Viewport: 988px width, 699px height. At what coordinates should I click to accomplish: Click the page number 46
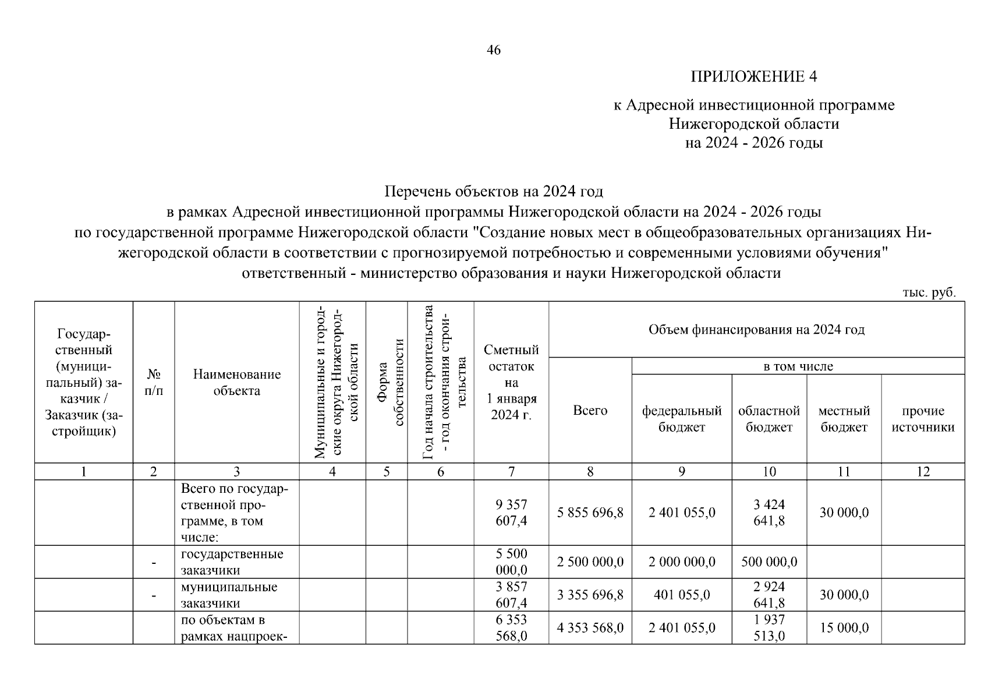click(x=493, y=51)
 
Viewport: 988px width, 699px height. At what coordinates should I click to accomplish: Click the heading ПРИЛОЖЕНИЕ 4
click(x=753, y=77)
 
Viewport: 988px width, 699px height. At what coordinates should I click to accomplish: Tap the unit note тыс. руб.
click(x=929, y=293)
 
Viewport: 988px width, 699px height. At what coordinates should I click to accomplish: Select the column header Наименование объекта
click(x=236, y=383)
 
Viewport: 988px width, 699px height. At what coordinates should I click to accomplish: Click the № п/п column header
click(x=154, y=382)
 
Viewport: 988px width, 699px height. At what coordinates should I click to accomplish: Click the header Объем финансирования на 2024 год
click(x=756, y=330)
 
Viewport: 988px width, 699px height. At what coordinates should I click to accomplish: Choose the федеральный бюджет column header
click(x=681, y=419)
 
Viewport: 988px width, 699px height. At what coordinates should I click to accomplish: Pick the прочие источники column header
click(x=922, y=419)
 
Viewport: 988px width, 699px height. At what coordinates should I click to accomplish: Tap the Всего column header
click(x=590, y=411)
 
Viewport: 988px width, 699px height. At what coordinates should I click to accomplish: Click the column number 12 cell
click(x=923, y=472)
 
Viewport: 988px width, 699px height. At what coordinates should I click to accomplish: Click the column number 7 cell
click(x=511, y=472)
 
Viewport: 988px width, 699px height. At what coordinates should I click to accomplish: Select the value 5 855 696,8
click(x=590, y=513)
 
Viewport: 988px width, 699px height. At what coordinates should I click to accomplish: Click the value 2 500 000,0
click(x=590, y=562)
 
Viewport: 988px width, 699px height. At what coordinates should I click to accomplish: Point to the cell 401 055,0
click(x=681, y=595)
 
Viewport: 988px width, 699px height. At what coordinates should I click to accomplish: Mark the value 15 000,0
click(x=844, y=628)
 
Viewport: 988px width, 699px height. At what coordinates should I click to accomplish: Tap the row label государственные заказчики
click(x=232, y=562)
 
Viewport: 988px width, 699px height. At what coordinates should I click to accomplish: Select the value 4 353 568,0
click(x=590, y=628)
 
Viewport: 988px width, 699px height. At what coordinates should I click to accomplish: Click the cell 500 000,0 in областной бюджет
click(x=769, y=562)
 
